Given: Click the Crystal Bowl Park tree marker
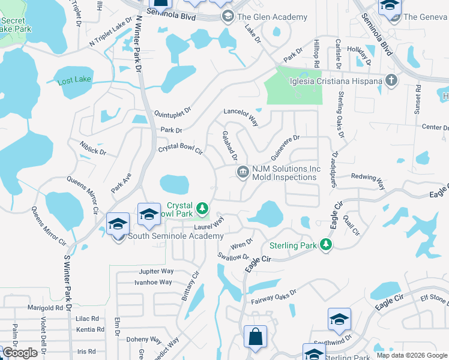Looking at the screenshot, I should (x=203, y=208).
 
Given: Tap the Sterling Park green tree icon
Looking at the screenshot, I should (x=325, y=245).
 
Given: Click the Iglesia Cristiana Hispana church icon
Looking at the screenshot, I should (x=391, y=81).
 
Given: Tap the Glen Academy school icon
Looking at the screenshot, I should (x=228, y=17).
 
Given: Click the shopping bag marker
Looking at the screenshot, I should (x=256, y=337).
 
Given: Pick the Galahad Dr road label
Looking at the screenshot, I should (x=231, y=146).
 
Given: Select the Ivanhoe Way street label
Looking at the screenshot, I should (x=153, y=282).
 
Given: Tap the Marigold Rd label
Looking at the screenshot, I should (x=45, y=308).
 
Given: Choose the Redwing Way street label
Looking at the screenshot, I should (x=367, y=178).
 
